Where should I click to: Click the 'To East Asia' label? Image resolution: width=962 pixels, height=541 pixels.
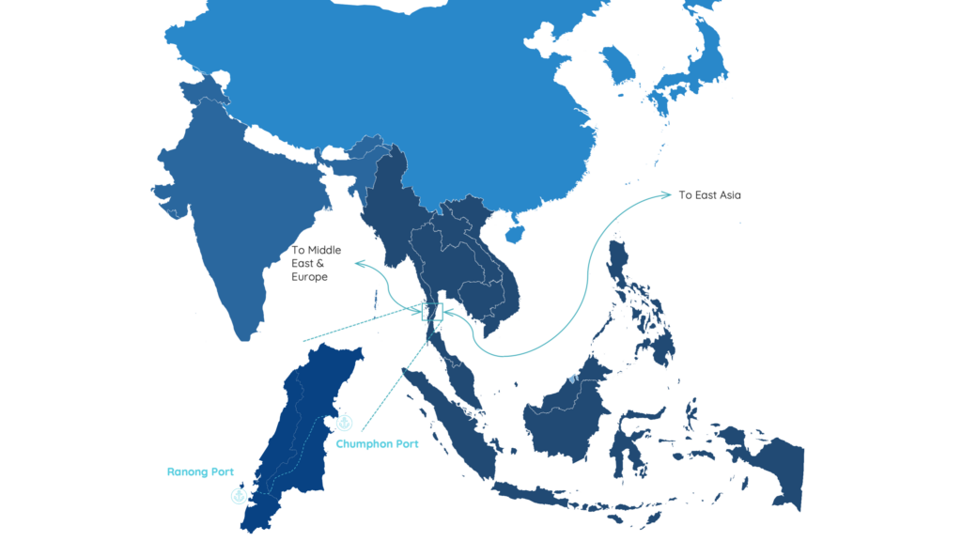[709, 195]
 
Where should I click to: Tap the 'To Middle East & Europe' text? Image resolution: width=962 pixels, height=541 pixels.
[316, 264]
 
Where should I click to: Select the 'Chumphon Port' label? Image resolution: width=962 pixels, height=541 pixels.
[378, 444]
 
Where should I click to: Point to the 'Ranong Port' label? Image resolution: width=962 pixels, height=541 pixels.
[200, 471]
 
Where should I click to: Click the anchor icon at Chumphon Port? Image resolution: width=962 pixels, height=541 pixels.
[344, 423]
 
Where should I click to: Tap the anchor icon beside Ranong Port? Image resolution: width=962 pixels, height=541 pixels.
[239, 495]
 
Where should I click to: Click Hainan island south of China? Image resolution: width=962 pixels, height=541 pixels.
[514, 230]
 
